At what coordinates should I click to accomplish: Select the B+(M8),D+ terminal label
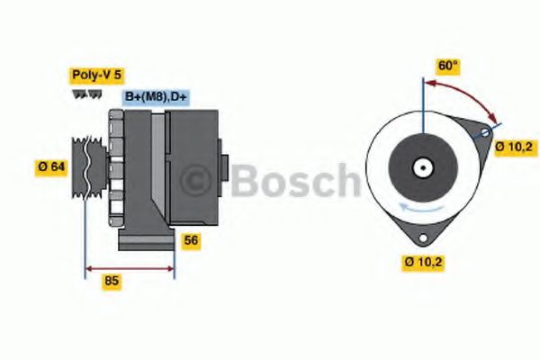[156, 97]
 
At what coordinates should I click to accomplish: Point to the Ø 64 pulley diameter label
[53, 166]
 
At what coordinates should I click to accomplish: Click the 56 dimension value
[191, 240]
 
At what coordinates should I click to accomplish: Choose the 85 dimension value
[112, 281]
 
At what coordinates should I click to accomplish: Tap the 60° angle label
[448, 66]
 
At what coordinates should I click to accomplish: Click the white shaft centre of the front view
[421, 167]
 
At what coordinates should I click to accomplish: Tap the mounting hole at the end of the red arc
[486, 133]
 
